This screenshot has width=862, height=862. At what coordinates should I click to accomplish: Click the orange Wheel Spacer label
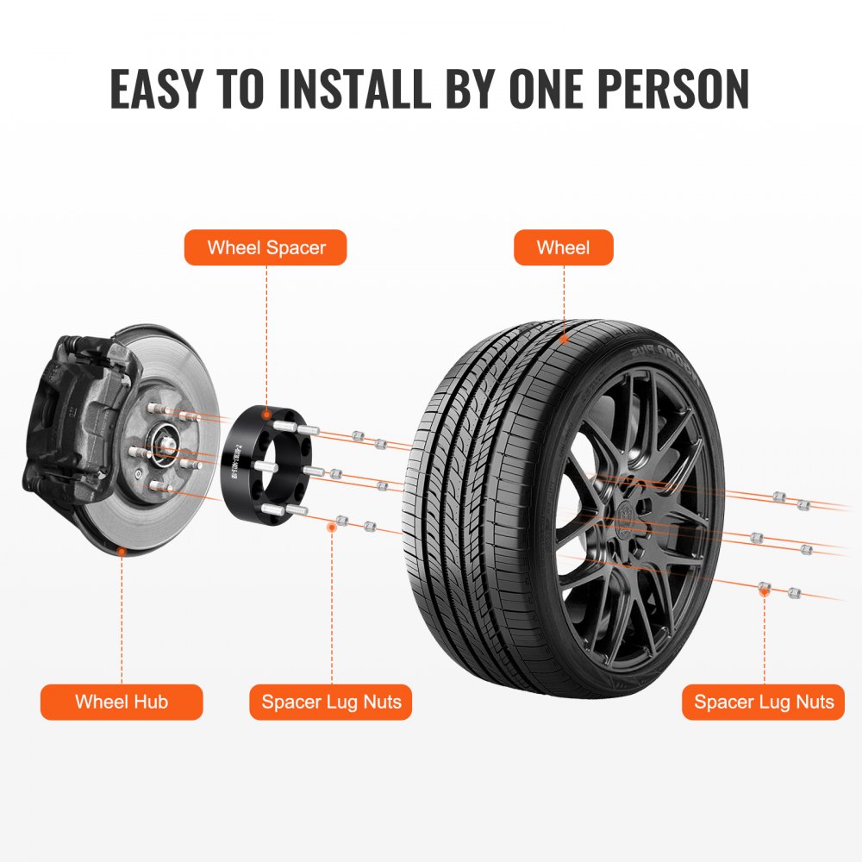pos(266,248)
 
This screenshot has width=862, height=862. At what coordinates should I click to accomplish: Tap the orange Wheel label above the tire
pos(563,248)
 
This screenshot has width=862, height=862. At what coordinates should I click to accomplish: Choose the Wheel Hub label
pos(122,702)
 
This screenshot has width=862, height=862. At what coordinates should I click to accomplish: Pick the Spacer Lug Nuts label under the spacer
pos(331,702)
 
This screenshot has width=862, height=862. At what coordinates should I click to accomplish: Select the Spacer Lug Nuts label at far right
pos(764,702)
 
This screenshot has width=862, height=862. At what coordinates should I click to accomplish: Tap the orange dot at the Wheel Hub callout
pos(122,550)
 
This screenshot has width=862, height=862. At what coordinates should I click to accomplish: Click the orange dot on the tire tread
pos(564,339)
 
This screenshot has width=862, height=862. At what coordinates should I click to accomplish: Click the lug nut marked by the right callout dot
pos(764,589)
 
